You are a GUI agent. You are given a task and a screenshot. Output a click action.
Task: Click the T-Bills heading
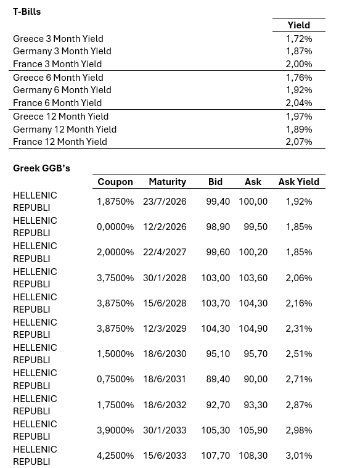(27, 11)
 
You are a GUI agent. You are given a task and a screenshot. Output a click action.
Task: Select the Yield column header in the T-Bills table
(299, 25)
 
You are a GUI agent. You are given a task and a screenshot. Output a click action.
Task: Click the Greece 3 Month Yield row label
(58, 39)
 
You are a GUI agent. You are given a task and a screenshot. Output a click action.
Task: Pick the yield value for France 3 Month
(299, 64)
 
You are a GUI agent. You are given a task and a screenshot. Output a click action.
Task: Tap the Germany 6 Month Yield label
(62, 90)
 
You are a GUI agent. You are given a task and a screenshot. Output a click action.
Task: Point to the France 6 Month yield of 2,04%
(299, 103)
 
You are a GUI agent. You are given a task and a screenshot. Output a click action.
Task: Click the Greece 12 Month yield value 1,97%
(299, 117)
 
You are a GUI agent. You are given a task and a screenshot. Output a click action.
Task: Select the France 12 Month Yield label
(60, 142)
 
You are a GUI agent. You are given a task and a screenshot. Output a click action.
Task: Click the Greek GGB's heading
(41, 168)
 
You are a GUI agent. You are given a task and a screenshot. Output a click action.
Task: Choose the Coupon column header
(115, 182)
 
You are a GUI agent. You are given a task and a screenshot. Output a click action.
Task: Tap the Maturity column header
(167, 182)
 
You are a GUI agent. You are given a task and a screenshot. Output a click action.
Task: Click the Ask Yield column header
(299, 182)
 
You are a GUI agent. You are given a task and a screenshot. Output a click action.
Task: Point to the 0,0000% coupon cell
(115, 227)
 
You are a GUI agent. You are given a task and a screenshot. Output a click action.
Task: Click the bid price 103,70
(215, 303)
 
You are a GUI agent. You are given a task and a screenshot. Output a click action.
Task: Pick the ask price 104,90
(253, 329)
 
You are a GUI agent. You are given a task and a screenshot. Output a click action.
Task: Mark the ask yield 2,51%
(299, 354)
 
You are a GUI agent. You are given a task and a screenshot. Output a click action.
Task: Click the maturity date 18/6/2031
(165, 379)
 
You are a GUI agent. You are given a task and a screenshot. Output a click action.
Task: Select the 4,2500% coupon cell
(115, 456)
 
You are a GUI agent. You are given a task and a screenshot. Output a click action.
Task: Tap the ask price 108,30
(253, 456)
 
